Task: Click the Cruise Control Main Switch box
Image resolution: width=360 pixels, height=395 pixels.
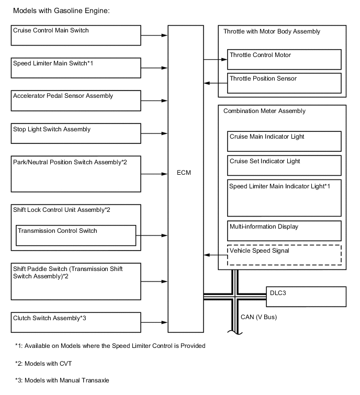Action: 76,36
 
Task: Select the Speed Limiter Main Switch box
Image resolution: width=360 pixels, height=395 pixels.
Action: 76,68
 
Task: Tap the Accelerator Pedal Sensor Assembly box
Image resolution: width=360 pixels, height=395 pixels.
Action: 76,100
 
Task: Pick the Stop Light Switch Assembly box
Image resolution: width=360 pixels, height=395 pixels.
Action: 76,133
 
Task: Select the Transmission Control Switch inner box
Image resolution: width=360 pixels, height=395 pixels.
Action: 76,235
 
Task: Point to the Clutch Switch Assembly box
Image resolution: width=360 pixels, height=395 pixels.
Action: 76,322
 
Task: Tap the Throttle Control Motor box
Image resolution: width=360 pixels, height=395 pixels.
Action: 284,59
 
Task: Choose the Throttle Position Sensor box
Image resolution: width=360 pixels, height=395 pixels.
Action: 284,83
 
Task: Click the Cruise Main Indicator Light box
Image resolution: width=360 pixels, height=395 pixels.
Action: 284,141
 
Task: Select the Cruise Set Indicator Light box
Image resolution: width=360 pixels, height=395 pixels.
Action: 284,165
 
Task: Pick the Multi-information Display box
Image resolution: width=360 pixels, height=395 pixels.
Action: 284,231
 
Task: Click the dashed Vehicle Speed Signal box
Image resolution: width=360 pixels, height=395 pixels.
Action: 284,255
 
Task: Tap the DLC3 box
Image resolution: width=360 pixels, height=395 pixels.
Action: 306,296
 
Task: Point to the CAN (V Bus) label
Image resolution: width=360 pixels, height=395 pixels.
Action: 258,317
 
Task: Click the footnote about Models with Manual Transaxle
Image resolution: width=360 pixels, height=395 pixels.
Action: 62,381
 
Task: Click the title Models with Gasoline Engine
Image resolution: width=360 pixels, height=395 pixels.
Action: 61,10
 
